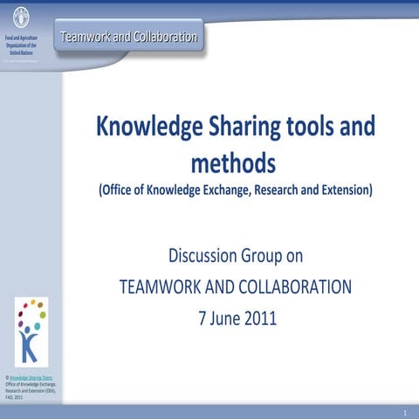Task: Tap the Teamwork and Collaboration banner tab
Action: (129, 37)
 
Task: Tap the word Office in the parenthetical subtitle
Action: (125, 189)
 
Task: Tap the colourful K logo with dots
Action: (31, 332)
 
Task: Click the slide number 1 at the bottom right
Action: (406, 411)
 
